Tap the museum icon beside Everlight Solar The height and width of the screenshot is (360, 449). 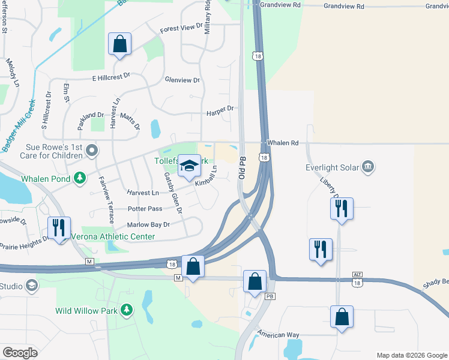pos(369,166)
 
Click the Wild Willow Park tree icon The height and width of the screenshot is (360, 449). pos(126,310)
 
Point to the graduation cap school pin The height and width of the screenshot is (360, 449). pos(189,166)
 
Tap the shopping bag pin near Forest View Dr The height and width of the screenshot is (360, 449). pos(119,44)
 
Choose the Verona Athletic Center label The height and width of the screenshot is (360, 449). pos(113,236)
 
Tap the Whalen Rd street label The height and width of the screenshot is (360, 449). pos(283,143)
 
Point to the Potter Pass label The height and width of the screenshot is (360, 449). pos(145,209)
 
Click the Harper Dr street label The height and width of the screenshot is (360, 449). pos(219,109)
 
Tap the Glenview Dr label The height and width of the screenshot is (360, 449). pos(182,80)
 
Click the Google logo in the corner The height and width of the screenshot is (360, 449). pos(20,353)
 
